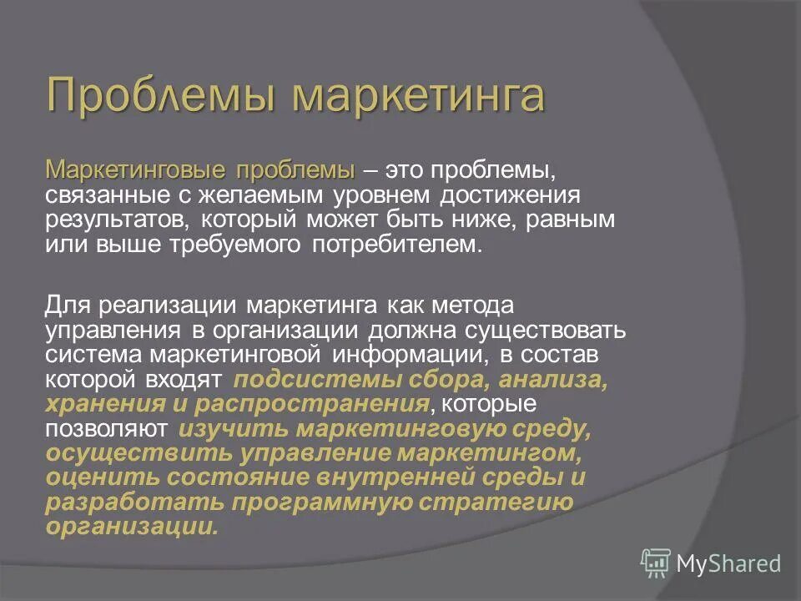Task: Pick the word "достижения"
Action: (508, 195)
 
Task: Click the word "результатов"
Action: (113, 220)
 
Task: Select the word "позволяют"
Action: (108, 430)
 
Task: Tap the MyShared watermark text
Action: (728, 563)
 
